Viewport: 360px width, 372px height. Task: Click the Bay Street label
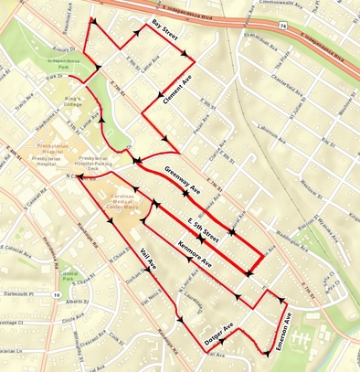coord(165,35)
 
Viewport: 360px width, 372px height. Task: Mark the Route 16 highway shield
coord(57,295)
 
